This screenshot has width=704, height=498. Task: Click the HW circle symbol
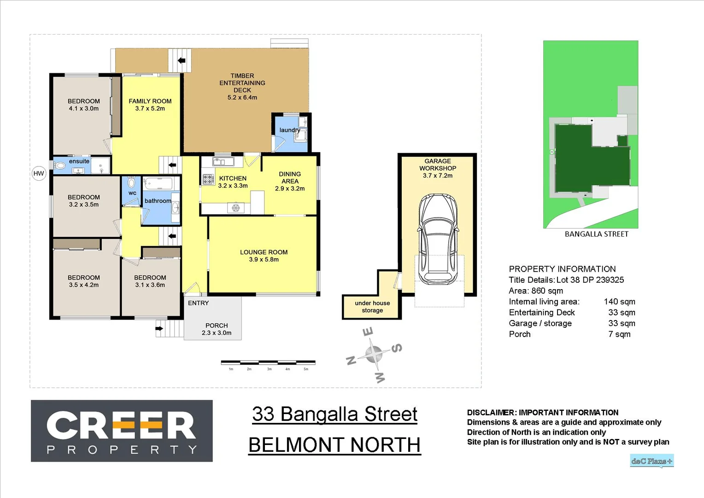point(39,174)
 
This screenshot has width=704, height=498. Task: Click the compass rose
point(374,355)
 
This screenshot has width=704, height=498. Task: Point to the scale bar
point(268,363)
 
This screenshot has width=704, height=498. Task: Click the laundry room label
point(289,130)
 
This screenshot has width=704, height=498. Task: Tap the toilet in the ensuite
point(60,166)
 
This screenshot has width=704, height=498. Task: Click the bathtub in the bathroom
point(158,184)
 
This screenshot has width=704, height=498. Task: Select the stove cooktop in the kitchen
point(208,179)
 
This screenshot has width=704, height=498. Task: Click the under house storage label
point(372,307)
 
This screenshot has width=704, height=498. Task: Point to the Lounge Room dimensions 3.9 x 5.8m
point(264,260)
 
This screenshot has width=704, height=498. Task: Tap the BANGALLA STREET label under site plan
point(596,234)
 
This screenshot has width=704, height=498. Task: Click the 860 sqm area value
point(547,291)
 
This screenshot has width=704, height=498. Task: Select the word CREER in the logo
point(121,425)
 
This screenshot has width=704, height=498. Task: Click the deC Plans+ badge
point(651,461)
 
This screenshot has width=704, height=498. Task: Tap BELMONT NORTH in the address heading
point(334,445)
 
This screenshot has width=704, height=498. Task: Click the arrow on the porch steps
point(159,328)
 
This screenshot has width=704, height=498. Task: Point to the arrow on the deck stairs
point(182,60)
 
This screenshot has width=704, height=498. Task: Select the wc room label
point(132,193)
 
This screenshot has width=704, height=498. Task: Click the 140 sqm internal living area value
point(619,302)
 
